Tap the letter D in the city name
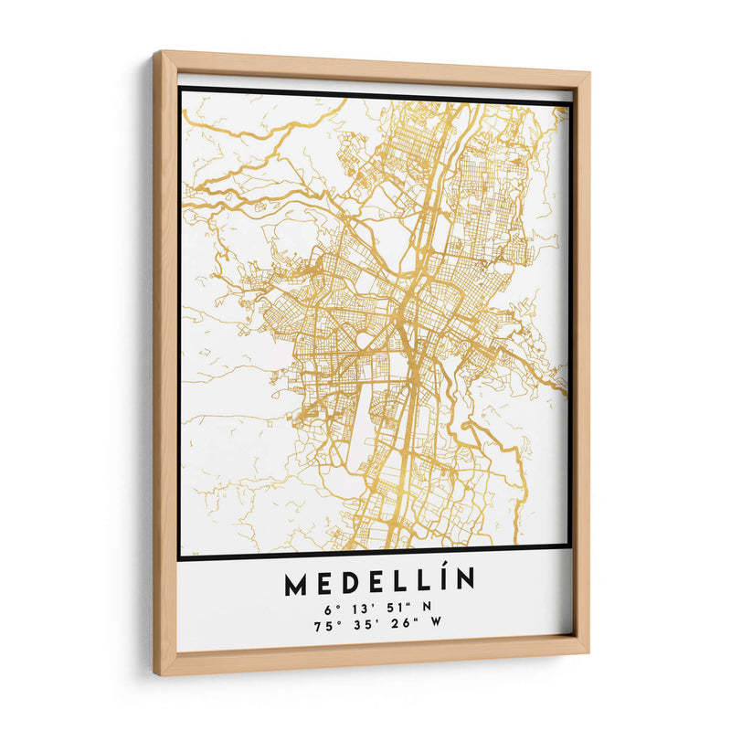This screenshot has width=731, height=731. point(349,582)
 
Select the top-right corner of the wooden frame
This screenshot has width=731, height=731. point(589,72)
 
